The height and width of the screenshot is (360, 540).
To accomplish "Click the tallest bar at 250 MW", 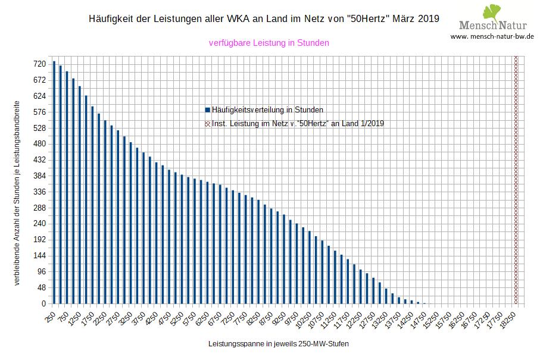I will [54, 182].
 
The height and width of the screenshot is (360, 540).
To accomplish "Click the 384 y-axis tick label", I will [40, 176].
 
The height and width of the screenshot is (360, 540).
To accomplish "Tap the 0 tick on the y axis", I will [43, 304].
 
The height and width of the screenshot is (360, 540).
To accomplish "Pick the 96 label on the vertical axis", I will [42, 272].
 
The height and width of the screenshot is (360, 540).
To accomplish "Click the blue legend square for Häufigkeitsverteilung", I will [207, 110].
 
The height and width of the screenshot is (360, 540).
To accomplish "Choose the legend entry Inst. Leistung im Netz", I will [298, 124].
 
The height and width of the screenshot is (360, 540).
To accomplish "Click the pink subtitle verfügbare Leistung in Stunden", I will [269, 43].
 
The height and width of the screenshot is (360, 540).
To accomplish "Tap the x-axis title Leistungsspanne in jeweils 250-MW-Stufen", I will [279, 345].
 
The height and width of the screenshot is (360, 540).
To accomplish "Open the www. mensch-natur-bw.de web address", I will [492, 36].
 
